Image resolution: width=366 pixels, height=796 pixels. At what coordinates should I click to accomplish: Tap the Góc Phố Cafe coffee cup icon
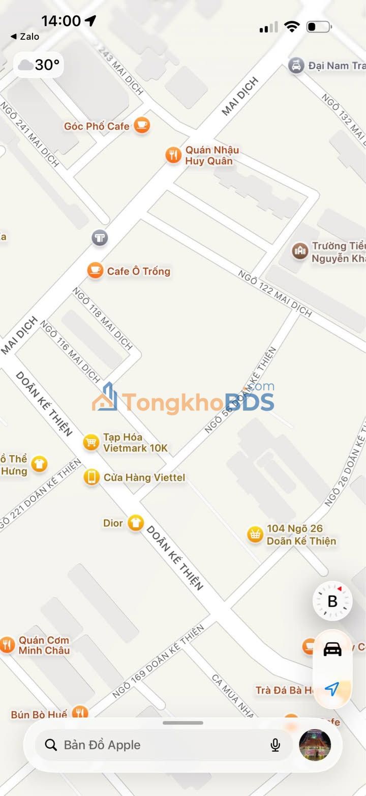tap(142, 126)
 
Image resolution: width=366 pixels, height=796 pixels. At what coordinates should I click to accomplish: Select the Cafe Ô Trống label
tap(138, 271)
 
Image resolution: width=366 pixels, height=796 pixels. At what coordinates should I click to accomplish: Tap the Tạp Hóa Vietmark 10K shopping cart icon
tap(91, 442)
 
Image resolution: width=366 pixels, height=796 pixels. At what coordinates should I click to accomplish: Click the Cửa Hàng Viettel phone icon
tap(91, 477)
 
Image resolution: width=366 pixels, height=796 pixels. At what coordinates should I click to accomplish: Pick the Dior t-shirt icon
tap(135, 523)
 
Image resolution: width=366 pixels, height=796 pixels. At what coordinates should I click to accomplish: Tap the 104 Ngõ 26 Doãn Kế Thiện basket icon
tap(255, 534)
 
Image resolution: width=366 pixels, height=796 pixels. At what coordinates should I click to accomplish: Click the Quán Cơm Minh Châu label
tap(44, 645)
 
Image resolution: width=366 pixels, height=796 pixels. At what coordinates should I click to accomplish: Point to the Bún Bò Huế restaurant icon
tap(79, 713)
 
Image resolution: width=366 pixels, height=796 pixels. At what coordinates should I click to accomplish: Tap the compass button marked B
tap(332, 601)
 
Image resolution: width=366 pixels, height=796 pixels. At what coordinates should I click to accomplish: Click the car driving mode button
tap(332, 649)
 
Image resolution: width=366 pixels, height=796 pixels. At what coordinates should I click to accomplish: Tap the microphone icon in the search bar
tap(275, 745)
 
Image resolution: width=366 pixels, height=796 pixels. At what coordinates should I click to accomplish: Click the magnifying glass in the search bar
tap(51, 745)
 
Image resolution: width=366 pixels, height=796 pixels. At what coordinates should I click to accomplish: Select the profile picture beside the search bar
tap(315, 745)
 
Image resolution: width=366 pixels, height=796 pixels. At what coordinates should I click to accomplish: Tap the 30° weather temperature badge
tap(39, 65)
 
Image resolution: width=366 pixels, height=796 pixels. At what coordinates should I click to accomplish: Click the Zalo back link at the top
tap(25, 37)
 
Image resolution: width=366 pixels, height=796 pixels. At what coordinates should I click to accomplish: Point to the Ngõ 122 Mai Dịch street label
tap(275, 294)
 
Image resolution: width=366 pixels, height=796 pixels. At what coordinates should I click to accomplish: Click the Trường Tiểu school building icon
tap(300, 250)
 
